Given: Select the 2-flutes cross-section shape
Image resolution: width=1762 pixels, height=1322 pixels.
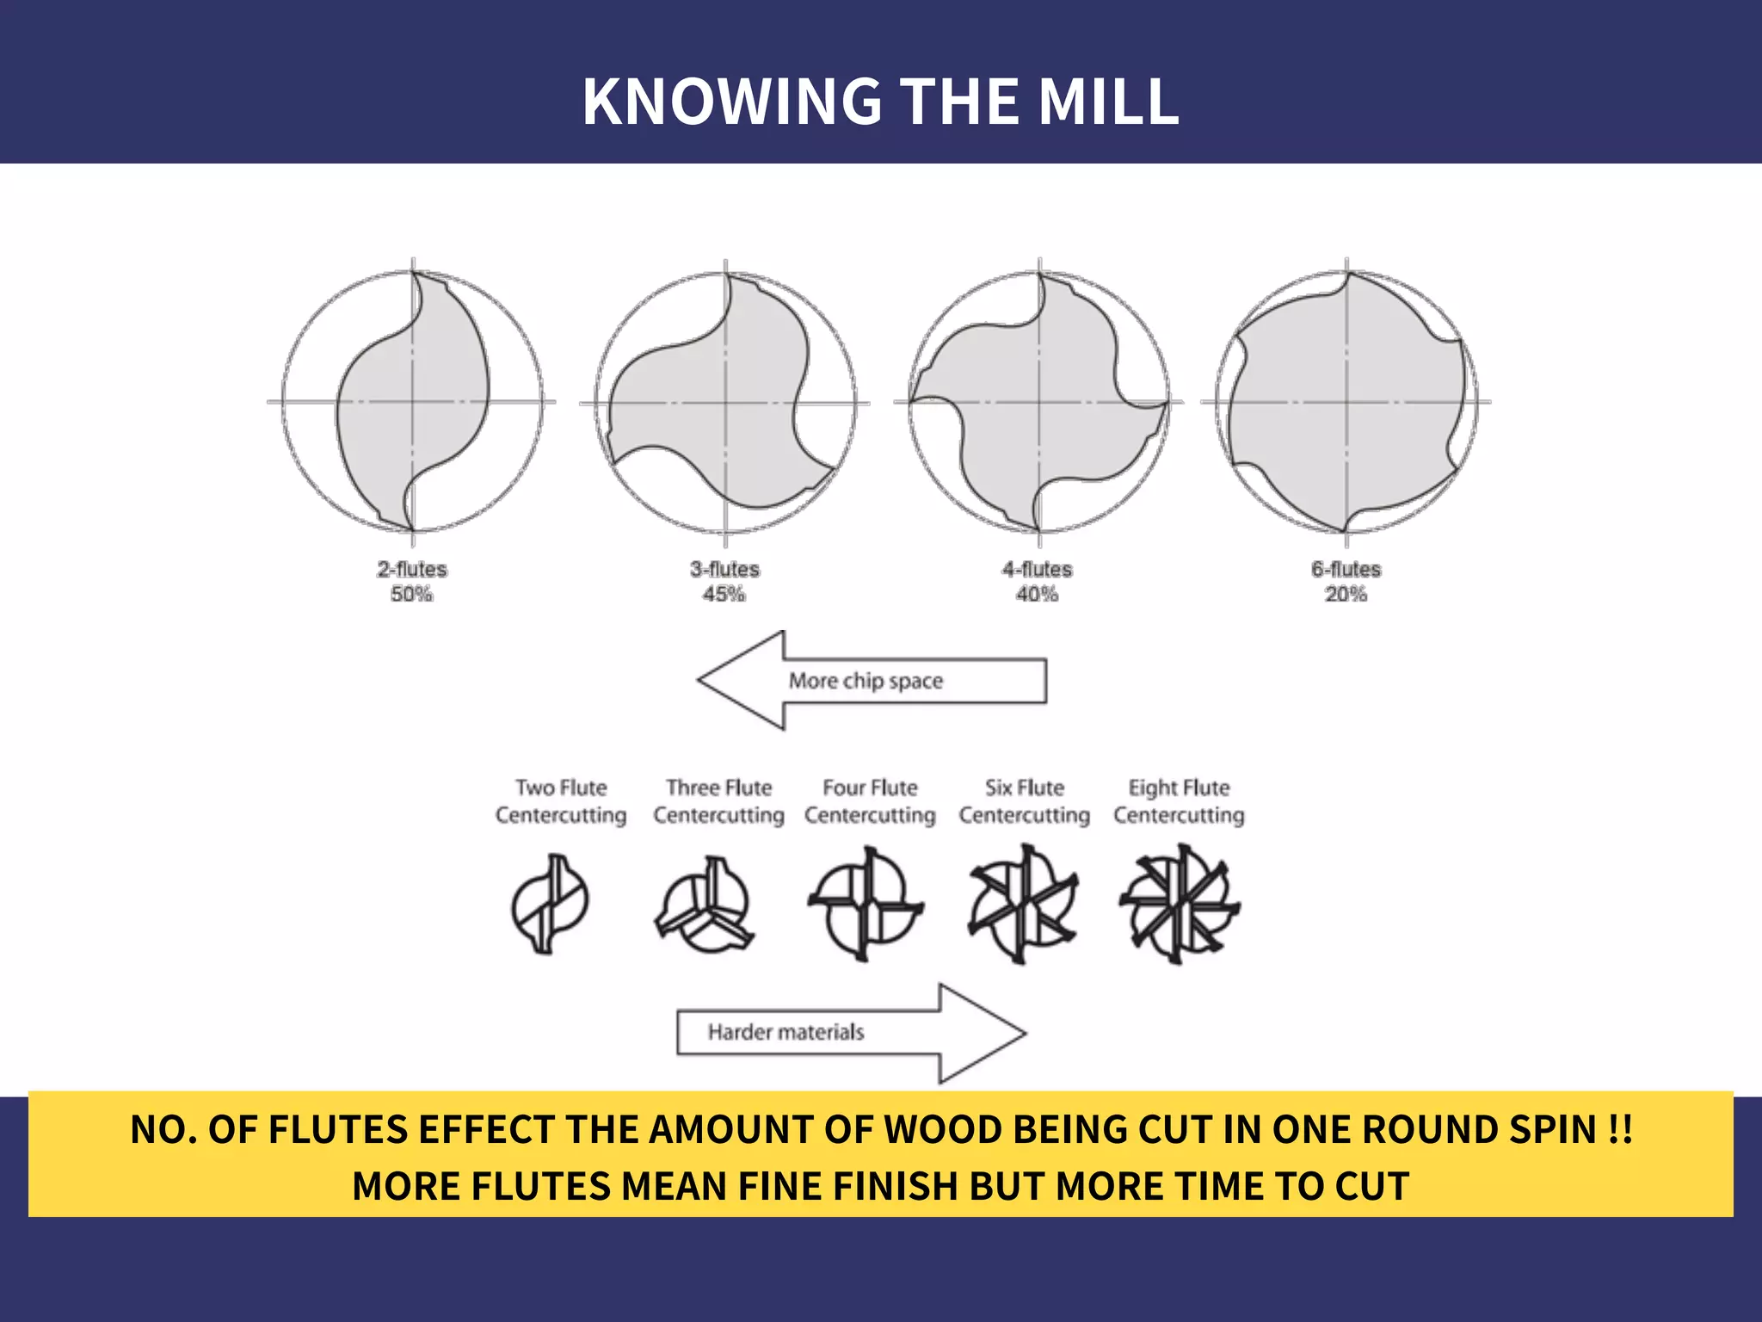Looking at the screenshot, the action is (412, 401).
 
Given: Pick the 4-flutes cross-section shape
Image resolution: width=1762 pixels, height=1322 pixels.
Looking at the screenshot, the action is (1038, 401).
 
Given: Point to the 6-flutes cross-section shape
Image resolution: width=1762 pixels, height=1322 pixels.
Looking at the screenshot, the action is (1346, 401).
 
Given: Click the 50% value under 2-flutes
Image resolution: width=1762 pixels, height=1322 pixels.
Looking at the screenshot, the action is (412, 594).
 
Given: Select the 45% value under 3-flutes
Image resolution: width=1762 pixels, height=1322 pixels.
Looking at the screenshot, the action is (724, 594).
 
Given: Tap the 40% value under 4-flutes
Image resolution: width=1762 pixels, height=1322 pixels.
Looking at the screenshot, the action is (1038, 594).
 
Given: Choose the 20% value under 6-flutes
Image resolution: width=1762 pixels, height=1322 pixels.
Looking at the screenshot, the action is (1346, 594).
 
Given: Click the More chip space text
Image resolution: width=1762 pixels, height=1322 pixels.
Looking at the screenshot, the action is (866, 681).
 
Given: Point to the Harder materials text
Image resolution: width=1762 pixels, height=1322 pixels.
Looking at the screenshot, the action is (786, 1032).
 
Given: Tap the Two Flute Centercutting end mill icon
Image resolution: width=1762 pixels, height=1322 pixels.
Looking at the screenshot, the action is (550, 904).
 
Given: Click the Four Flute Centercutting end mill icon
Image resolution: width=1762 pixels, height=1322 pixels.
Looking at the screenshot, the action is (866, 904).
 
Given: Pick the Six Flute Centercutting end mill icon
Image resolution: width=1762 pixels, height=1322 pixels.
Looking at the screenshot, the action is (1023, 904).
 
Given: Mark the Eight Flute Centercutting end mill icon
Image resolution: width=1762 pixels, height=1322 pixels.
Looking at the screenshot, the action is (1180, 904).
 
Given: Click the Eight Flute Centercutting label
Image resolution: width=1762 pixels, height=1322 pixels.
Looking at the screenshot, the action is (1179, 801).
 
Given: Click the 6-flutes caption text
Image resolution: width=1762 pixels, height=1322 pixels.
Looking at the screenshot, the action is (1346, 569).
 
